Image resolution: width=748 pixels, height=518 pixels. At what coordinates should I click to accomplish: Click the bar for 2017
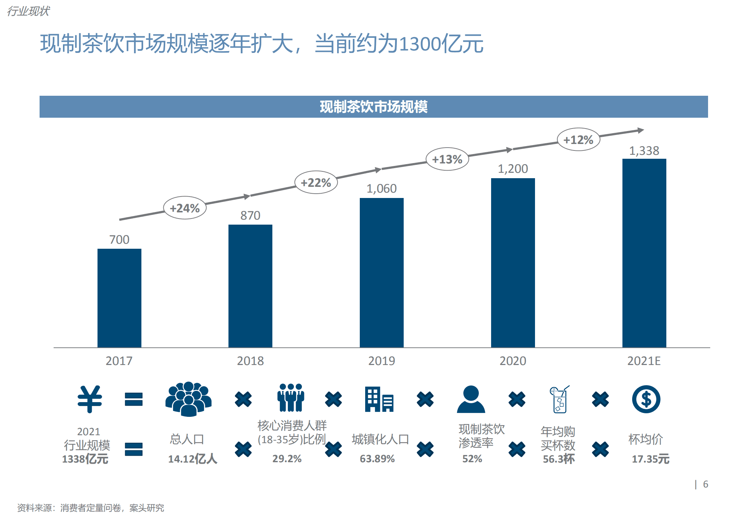(x=119, y=298)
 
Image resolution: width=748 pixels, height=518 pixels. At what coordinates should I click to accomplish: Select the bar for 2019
(x=381, y=272)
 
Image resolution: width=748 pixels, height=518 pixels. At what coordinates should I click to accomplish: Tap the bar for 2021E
(x=644, y=253)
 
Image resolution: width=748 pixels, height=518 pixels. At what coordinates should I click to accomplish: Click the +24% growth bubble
(x=185, y=208)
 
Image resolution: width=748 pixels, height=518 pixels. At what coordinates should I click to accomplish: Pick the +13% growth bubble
(x=447, y=159)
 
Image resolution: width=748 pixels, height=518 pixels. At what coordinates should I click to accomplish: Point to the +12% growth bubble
(x=578, y=140)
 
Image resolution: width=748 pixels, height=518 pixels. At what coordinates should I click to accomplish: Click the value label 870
(x=250, y=215)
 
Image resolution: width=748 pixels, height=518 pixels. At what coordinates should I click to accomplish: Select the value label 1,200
(x=513, y=168)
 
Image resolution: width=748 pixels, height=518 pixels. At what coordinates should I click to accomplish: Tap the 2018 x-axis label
(x=250, y=361)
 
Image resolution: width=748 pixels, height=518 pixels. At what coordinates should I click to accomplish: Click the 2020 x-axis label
(x=513, y=361)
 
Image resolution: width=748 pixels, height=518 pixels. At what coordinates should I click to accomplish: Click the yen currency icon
(x=90, y=399)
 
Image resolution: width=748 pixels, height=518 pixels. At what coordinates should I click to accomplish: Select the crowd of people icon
(x=188, y=399)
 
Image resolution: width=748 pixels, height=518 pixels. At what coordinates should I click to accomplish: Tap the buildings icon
(x=379, y=399)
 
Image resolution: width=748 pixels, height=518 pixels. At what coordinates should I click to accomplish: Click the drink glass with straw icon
(x=559, y=399)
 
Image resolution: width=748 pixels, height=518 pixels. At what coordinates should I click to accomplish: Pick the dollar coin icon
(x=646, y=399)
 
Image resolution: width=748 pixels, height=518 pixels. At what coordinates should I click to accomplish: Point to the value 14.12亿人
(x=192, y=459)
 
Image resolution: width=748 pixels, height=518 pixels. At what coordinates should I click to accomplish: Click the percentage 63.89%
(x=377, y=459)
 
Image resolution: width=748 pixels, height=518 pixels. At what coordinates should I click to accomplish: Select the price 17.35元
(x=650, y=459)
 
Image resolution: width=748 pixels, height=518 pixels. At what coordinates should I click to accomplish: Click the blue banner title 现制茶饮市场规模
(x=373, y=107)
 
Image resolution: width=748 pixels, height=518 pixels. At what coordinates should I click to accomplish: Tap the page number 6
(x=705, y=484)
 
